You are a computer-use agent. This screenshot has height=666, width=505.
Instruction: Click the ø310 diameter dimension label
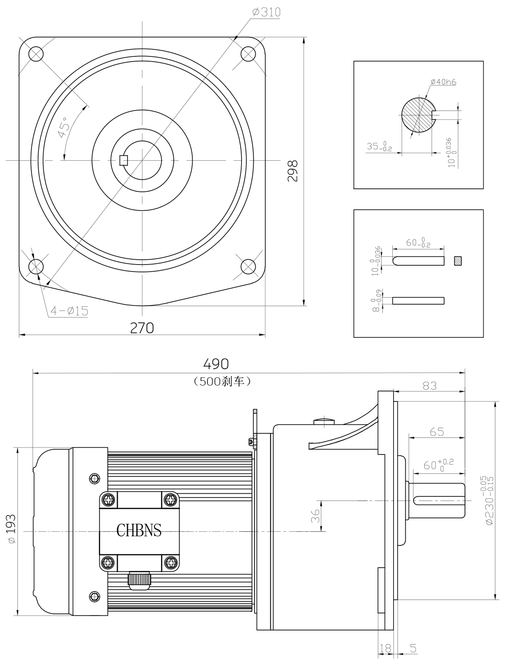(x=266, y=12)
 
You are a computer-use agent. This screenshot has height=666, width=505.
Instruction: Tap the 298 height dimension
(x=293, y=171)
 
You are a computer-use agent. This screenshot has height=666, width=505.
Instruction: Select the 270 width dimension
(x=142, y=328)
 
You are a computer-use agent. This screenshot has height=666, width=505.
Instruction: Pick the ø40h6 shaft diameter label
(x=443, y=82)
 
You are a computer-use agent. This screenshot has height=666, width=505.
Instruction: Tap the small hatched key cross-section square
(x=459, y=261)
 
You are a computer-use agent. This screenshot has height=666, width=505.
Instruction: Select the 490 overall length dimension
(x=216, y=364)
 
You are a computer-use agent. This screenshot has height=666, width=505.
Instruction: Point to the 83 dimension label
(x=429, y=386)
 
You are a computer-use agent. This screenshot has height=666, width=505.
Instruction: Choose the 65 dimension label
(x=437, y=432)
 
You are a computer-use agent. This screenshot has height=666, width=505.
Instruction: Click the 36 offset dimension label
(x=316, y=516)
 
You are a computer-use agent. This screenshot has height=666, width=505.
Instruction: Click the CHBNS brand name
(x=139, y=530)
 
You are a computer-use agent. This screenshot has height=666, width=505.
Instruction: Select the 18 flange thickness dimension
(x=385, y=648)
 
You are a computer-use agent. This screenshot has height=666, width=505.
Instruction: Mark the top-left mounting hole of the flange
(x=36, y=54)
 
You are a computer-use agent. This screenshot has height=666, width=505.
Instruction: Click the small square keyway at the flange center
(x=124, y=160)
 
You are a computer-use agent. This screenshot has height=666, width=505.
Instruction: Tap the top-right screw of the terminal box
(x=171, y=499)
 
